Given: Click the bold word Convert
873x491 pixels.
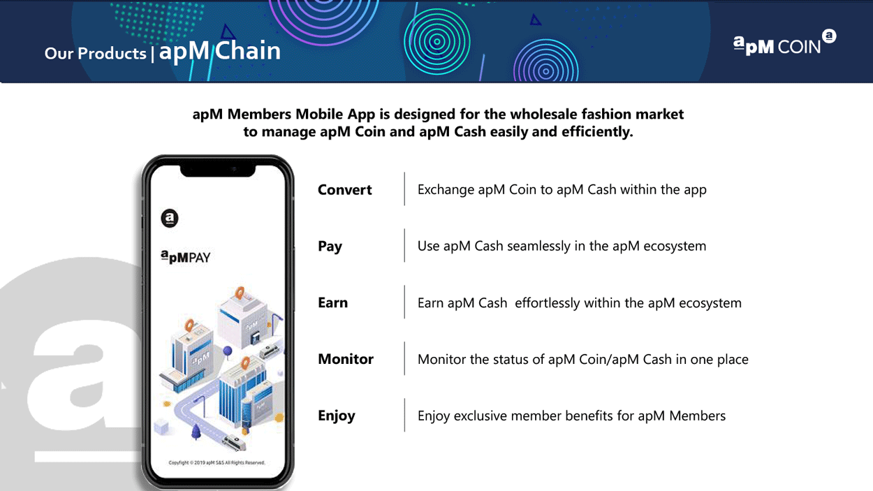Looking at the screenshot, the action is [x=344, y=190].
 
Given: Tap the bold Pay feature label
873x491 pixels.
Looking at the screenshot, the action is [x=330, y=247].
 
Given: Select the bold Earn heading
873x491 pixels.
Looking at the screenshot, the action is [x=332, y=303].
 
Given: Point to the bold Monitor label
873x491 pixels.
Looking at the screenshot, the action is [x=345, y=359].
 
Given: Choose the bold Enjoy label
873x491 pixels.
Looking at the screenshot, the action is [x=337, y=416].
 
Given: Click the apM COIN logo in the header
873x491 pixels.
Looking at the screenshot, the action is [x=784, y=43].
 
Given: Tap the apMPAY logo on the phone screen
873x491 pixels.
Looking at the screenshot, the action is [x=186, y=257].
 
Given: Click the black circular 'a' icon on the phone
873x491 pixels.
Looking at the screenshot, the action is [x=170, y=218].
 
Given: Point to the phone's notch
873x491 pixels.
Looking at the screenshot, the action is [x=218, y=170].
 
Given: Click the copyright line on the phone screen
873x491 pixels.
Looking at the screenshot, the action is [x=217, y=462].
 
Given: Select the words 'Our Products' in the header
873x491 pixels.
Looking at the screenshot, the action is [x=95, y=53].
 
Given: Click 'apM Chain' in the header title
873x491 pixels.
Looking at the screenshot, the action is [x=220, y=51].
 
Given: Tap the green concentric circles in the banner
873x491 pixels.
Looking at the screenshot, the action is [x=437, y=41].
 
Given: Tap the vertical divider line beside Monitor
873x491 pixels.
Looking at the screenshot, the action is [x=404, y=358].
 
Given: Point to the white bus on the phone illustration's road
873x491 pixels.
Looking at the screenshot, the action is [x=233, y=442].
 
